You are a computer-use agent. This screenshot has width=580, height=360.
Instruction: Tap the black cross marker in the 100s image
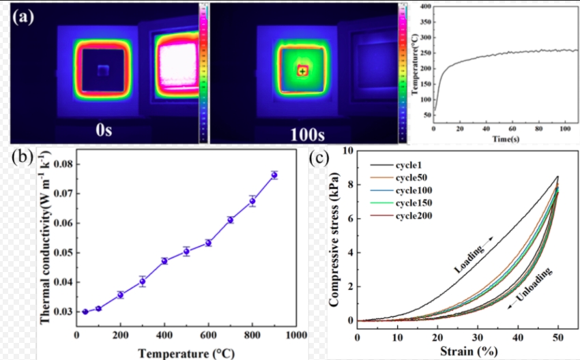pyautogui.click(x=302, y=71)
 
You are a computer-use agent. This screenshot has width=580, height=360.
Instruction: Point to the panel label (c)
pyautogui.click(x=321, y=157)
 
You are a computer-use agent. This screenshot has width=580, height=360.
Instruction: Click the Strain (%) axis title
pyautogui.click(x=459, y=352)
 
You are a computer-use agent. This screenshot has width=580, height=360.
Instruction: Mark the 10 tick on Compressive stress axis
pyautogui.click(x=349, y=151)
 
